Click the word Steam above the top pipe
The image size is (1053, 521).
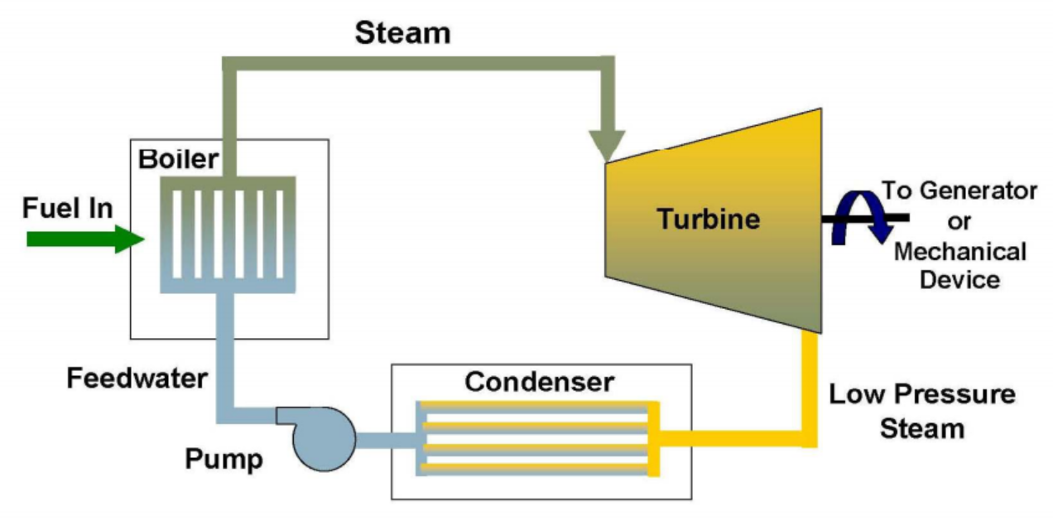tap(402, 33)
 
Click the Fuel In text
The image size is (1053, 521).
tap(67, 207)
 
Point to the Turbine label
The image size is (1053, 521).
tap(708, 219)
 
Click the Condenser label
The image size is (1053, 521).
tap(540, 382)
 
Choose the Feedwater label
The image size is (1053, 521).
tap(137, 379)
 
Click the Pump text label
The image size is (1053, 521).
tap(224, 458)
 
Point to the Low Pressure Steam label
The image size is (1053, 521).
tap(921, 411)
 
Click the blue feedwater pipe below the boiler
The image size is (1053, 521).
tap(225, 348)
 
